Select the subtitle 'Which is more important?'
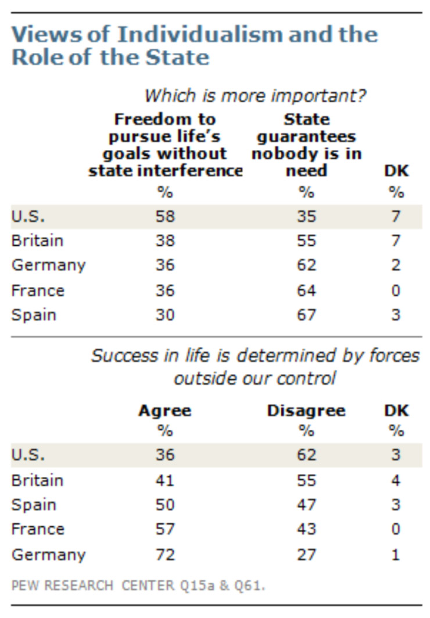coord(255,95)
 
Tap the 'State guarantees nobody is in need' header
coord(306,145)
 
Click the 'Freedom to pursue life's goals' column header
coord(165,145)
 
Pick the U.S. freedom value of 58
coord(165,216)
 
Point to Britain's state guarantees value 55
coord(306,240)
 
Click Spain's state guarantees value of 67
coord(306,315)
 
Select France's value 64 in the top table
coord(306,290)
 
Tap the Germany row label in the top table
coord(49,265)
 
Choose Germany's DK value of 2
coord(396,265)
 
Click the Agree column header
coord(165,411)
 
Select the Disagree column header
coord(306,411)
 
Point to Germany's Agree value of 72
coord(165,554)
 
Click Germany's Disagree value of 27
coord(306,554)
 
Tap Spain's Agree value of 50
coord(165,504)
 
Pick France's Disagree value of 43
coord(306,529)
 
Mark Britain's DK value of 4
coord(396,480)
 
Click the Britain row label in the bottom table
coord(38,480)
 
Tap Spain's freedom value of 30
coord(165,315)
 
